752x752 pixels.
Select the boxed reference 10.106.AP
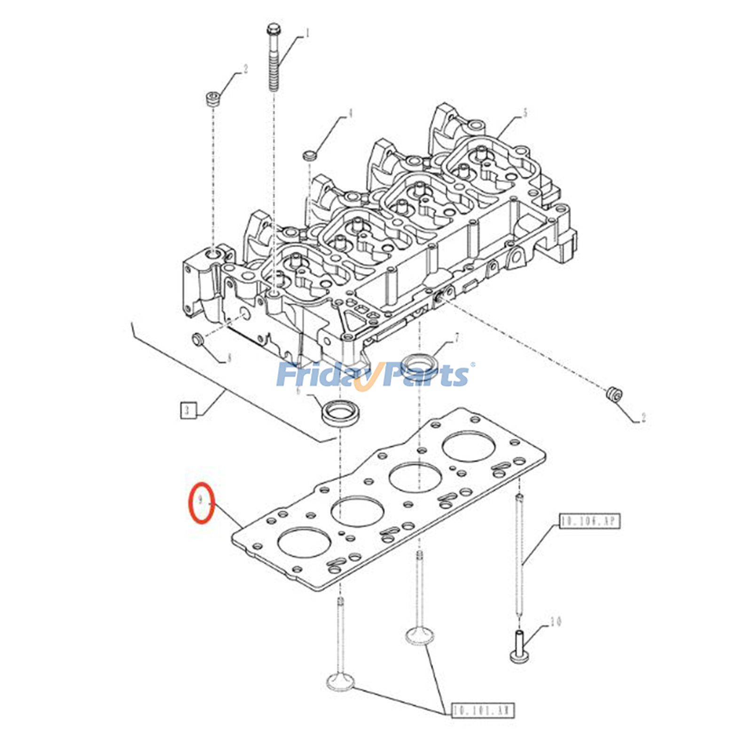click(590, 521)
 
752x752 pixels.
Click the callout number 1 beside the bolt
click(307, 33)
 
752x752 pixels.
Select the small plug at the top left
click(212, 100)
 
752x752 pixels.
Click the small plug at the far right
click(614, 393)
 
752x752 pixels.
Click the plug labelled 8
click(198, 338)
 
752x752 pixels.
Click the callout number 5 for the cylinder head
click(525, 113)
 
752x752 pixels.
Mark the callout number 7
click(456, 337)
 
